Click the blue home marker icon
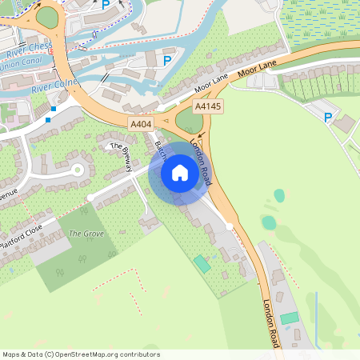[179, 173]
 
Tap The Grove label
[86, 234]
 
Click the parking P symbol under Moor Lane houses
[327, 118]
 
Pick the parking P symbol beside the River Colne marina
[167, 60]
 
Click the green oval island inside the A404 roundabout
[189, 121]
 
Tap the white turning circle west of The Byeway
[78, 170]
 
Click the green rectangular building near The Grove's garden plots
[201, 262]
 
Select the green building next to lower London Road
[289, 318]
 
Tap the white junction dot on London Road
[230, 227]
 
